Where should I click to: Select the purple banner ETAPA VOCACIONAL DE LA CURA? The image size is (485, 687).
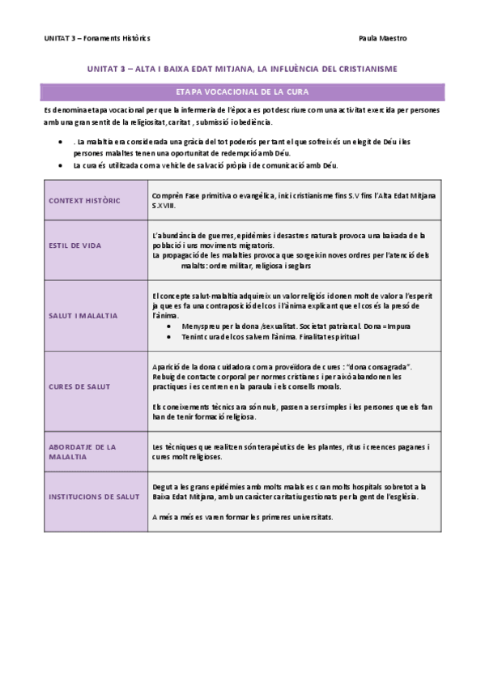tap(241, 91)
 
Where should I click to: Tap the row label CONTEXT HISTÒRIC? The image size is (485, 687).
tap(84, 200)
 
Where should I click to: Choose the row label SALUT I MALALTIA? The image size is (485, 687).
tap(83, 315)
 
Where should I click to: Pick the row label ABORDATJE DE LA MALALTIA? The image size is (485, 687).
tap(83, 451)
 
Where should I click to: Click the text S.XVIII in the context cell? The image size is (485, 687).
tap(163, 206)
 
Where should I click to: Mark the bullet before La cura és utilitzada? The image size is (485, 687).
tap(63, 165)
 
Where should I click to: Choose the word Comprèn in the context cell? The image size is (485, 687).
tap(167, 196)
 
